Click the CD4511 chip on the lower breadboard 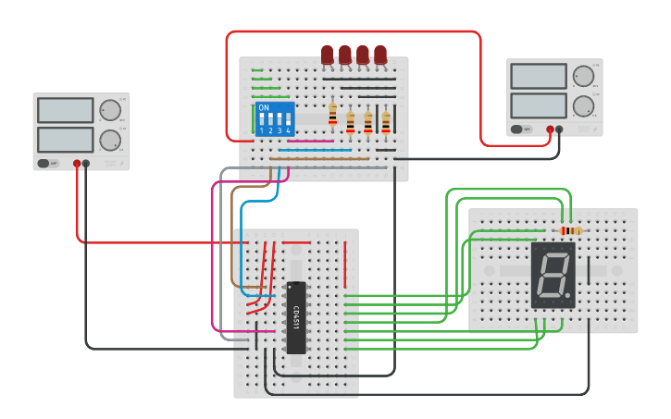click(x=296, y=317)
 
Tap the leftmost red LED click(x=327, y=55)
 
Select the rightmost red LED click(x=380, y=55)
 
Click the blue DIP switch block click(x=275, y=119)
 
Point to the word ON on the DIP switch click(x=264, y=108)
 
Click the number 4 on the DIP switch click(x=289, y=131)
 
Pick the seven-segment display click(x=553, y=276)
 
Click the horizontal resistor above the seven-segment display click(x=572, y=230)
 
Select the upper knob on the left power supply click(x=110, y=111)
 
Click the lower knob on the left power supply click(x=110, y=141)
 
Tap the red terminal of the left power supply click(x=77, y=164)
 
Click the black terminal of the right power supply click(x=559, y=129)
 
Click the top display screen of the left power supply click(x=65, y=110)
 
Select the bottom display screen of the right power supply click(x=538, y=105)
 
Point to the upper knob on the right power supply click(x=583, y=76)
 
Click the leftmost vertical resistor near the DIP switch click(x=333, y=114)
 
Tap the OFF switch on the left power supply click(x=44, y=164)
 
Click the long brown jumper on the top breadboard click(x=319, y=159)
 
